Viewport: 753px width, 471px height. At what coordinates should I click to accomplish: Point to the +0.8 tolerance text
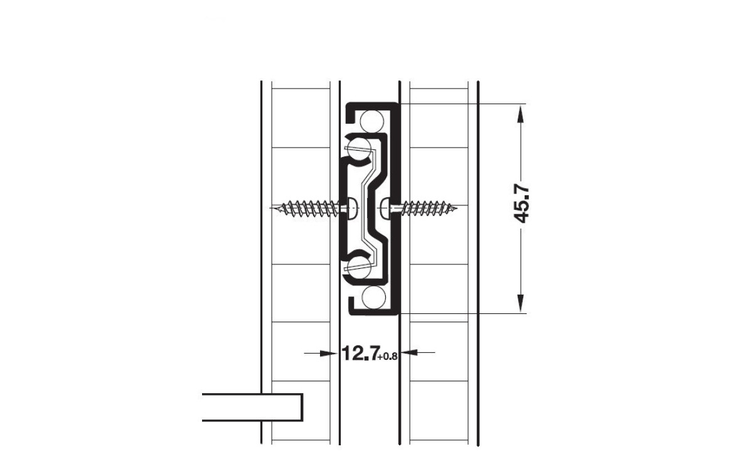point(388,356)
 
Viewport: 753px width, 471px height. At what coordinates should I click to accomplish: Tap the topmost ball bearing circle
point(371,121)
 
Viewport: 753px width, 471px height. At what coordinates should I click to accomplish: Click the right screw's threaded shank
point(427,209)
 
